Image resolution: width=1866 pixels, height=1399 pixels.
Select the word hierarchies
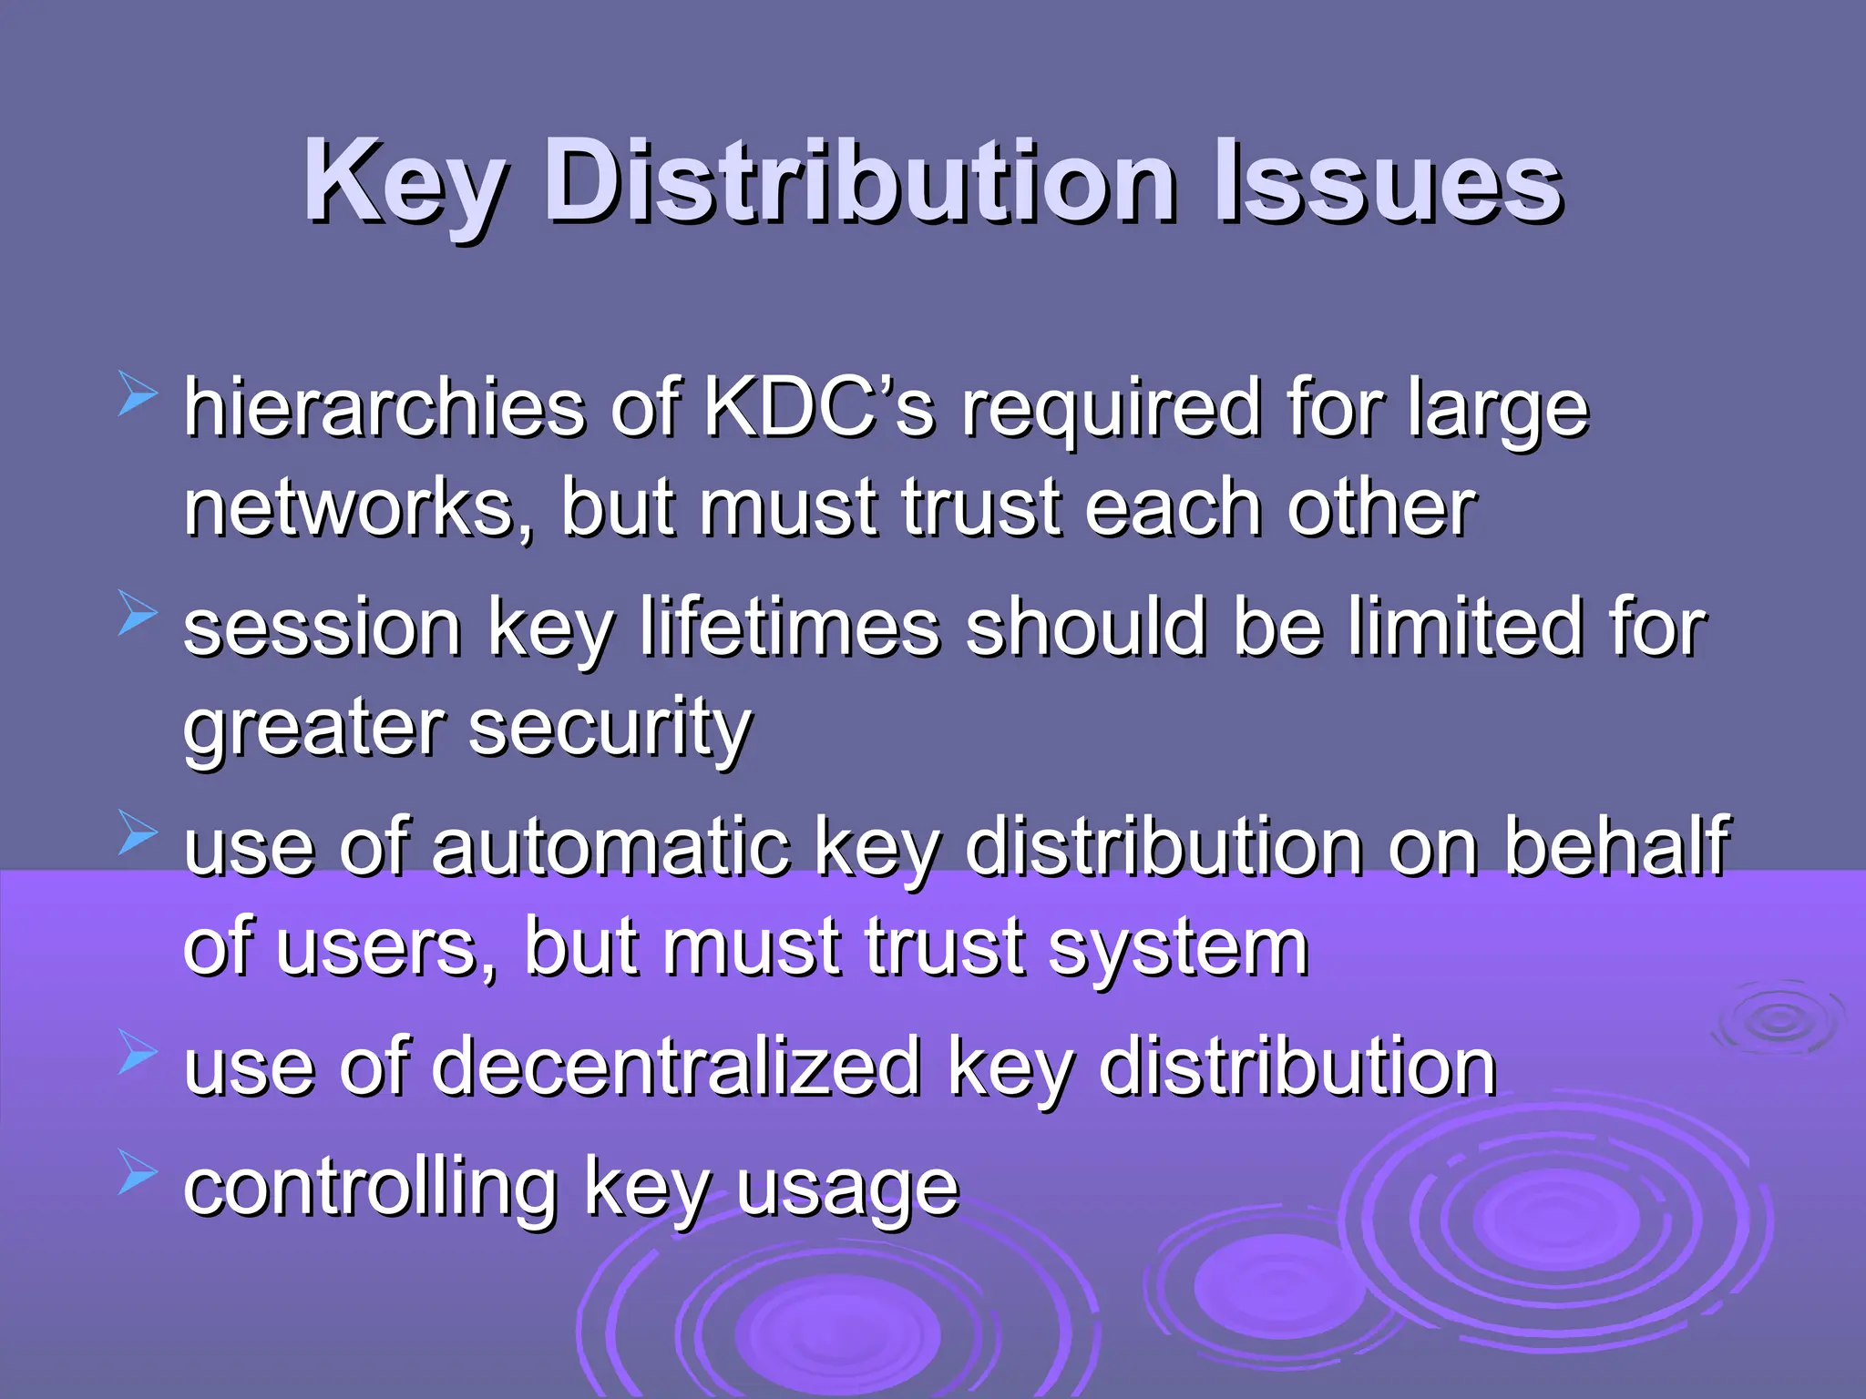pos(384,407)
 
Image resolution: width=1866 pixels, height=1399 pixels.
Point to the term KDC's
pos(819,407)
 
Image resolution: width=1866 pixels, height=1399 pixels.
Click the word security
pos(610,729)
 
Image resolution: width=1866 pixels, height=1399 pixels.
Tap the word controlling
pos(370,1188)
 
